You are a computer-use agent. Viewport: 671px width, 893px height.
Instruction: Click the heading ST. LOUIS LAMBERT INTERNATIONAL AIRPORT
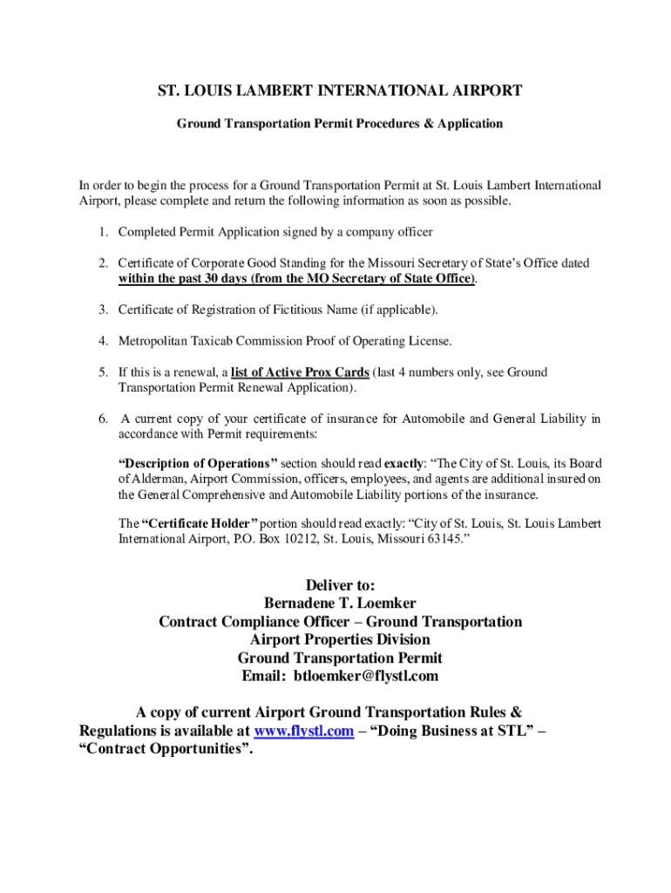tap(340, 91)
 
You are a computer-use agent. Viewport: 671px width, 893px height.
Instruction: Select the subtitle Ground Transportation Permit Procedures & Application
tap(340, 124)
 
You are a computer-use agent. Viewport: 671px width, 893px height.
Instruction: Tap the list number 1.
tap(102, 232)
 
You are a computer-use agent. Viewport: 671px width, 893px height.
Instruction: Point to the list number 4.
tap(102, 341)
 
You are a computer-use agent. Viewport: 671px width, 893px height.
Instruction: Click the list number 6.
tap(102, 419)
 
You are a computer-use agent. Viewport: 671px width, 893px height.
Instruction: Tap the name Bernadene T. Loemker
tap(340, 603)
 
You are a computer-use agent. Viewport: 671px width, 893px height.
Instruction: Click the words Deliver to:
tap(340, 585)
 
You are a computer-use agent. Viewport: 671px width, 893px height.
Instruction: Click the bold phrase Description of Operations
tap(198, 464)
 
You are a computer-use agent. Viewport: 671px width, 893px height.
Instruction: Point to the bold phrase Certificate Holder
tap(200, 523)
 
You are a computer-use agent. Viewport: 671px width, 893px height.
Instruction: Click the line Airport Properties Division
tap(340, 640)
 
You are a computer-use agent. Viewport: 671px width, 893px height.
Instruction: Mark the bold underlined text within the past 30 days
tap(185, 278)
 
